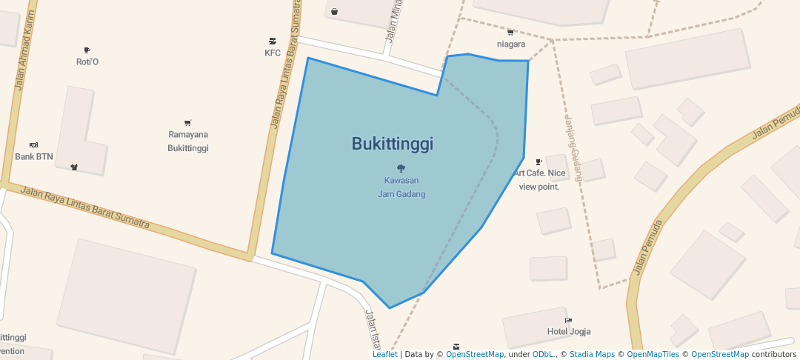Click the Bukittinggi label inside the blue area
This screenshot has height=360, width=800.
tap(392, 144)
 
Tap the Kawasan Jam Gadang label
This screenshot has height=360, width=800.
tap(401, 187)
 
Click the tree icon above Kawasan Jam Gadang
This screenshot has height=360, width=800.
tap(401, 168)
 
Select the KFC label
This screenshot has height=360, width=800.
tap(273, 53)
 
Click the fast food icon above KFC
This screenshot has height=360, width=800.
tap(273, 41)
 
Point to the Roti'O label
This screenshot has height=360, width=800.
tap(87, 61)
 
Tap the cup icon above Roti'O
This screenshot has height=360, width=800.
tap(87, 50)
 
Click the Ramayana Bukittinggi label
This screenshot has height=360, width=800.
tap(188, 141)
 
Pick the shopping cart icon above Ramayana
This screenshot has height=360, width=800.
tap(188, 123)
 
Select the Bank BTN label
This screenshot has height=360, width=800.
tap(33, 156)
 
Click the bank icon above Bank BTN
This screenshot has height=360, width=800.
tap(33, 144)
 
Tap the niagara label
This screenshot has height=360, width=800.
tap(511, 44)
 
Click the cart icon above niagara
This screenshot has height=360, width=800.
tap(510, 32)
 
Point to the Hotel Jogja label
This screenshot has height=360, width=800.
tap(568, 331)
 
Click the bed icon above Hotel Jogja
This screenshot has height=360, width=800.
tap(568, 320)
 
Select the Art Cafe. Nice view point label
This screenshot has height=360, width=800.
tap(540, 179)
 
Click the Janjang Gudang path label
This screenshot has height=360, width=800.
tap(573, 148)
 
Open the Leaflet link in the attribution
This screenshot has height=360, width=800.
tap(384, 354)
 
